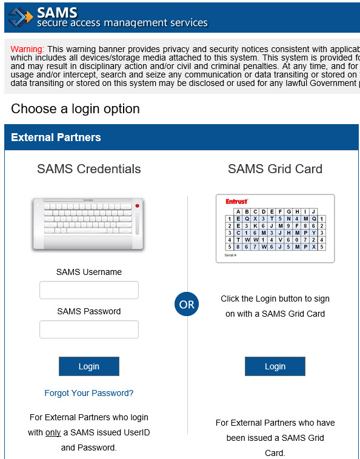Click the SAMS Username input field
click(89, 290)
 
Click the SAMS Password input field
click(89, 329)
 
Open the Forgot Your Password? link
click(89, 393)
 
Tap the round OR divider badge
click(187, 305)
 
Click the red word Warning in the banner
click(27, 48)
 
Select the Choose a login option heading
click(75, 109)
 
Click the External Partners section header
click(56, 137)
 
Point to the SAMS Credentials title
click(89, 169)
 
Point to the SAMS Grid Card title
click(275, 169)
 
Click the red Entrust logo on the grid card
click(236, 201)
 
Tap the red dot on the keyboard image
click(137, 206)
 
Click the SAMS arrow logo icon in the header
click(21, 17)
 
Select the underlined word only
click(53, 433)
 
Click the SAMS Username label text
click(89, 272)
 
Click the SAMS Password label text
click(89, 311)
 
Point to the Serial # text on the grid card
click(230, 255)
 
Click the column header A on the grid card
click(238, 211)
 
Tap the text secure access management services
click(122, 24)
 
